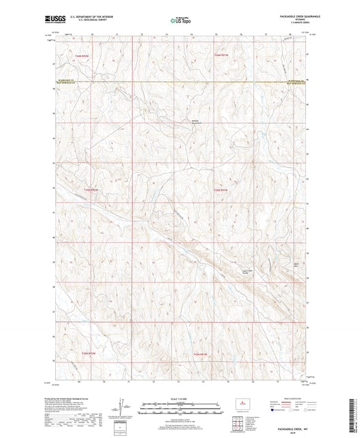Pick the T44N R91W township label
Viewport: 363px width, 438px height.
click(x=221, y=54)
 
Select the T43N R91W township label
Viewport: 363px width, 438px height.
click(x=221, y=189)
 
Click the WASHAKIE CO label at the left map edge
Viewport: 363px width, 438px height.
click(x=63, y=82)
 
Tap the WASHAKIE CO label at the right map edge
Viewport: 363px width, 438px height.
click(x=296, y=82)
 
